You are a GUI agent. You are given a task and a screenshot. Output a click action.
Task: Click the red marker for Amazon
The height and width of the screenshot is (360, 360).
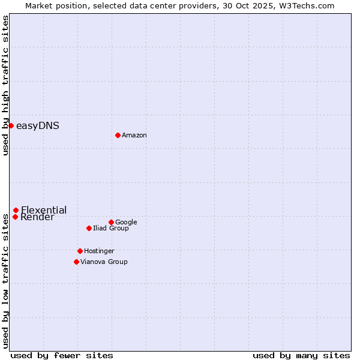(x=118, y=135)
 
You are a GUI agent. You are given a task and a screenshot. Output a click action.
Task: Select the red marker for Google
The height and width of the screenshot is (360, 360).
(x=111, y=222)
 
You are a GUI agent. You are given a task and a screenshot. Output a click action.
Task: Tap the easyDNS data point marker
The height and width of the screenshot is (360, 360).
(x=11, y=125)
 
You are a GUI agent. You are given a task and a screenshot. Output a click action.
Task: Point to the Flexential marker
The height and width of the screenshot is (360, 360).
(x=16, y=210)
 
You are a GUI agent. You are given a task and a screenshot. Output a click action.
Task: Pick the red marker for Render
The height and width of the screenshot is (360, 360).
(x=15, y=217)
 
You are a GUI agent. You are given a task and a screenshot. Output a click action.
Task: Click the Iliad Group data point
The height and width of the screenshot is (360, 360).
(x=89, y=228)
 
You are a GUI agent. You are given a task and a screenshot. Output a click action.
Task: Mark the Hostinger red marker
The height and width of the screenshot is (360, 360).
(x=80, y=251)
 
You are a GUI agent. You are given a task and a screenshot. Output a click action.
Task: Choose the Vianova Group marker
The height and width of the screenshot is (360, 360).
(x=76, y=262)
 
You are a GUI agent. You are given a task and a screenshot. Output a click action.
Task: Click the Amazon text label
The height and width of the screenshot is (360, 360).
(x=134, y=136)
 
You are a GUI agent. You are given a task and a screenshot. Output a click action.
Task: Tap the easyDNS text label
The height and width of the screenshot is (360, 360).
(x=37, y=126)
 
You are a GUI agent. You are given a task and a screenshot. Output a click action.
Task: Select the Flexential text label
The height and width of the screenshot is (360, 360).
(x=44, y=210)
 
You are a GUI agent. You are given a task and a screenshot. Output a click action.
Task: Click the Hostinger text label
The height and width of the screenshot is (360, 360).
(x=99, y=251)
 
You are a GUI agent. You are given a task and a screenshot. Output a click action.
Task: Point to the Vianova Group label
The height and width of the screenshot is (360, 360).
(x=104, y=262)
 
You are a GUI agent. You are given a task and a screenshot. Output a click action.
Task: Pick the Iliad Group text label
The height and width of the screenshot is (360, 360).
(x=111, y=229)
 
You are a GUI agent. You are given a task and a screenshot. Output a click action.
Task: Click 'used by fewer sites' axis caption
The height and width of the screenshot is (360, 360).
(x=62, y=356)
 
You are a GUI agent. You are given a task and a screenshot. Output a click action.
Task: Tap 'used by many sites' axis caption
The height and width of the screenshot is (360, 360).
(x=301, y=356)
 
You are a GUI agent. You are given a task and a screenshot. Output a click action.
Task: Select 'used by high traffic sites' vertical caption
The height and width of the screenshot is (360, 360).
(x=5, y=85)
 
